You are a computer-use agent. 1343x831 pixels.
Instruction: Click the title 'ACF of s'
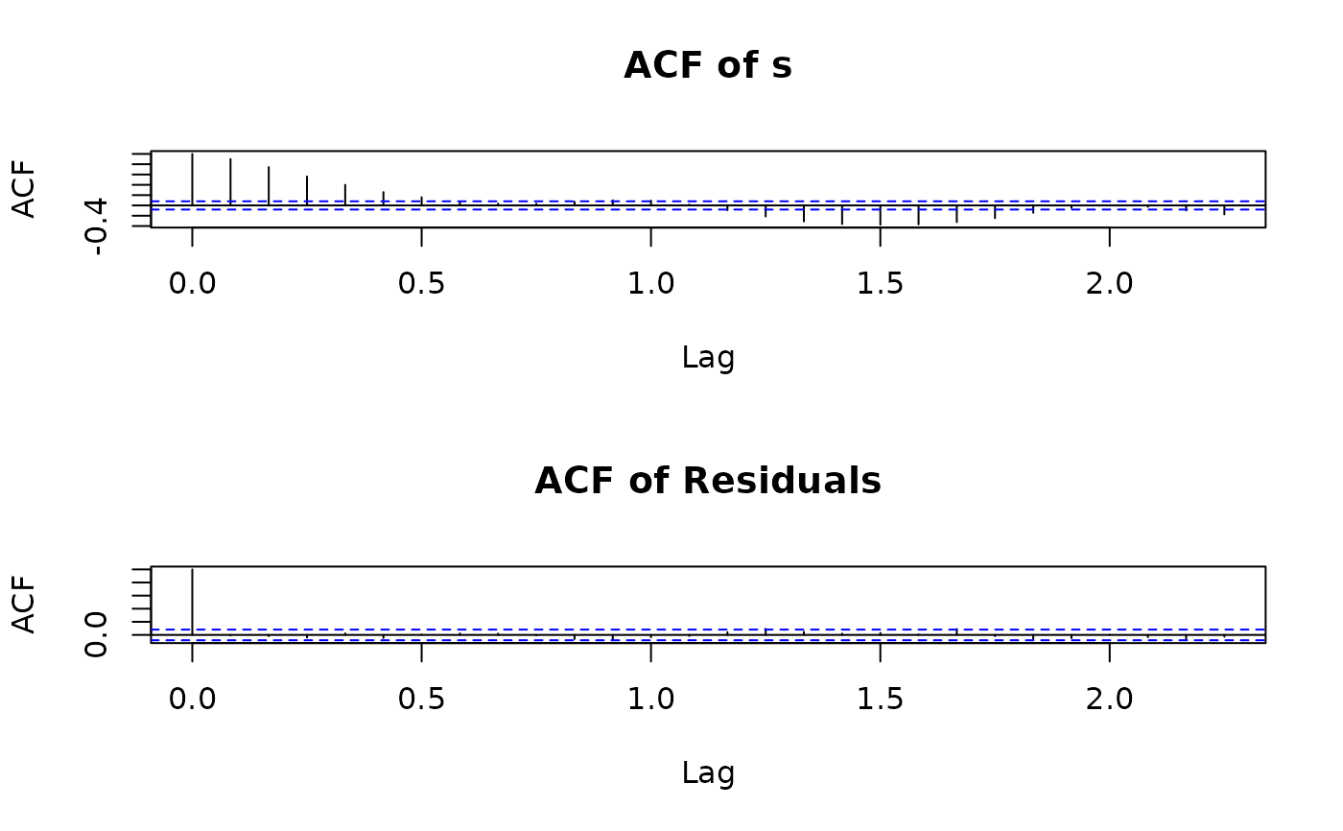708,66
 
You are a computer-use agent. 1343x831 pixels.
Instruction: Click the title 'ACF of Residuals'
708,481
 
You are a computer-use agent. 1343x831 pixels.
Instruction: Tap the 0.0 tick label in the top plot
192,285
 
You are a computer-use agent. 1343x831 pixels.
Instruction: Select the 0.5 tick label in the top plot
421,285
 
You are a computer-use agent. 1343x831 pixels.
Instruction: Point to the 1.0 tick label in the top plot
650,285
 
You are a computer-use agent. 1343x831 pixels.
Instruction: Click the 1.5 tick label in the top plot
880,285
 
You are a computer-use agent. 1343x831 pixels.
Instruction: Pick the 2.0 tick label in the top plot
1109,285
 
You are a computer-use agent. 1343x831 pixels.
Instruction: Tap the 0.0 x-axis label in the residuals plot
192,700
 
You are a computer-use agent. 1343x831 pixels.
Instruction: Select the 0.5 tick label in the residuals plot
421,700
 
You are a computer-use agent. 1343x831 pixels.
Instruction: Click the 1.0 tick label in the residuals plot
650,700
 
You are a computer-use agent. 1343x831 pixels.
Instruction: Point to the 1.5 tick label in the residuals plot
880,700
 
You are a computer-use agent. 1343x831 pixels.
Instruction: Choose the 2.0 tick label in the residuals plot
1109,700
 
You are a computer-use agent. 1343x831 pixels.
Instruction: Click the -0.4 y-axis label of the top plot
96,226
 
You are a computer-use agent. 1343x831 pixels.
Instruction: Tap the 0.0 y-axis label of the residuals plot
96,636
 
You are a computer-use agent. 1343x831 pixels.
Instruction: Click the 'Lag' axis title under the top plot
708,358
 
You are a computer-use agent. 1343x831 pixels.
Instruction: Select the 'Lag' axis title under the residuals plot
708,772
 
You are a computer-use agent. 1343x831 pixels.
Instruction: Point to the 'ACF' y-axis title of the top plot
25,189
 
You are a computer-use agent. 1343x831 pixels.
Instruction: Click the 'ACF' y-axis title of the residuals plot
25,605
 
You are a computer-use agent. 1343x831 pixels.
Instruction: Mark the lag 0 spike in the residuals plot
192,601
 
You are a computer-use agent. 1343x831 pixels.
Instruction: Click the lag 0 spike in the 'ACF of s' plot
192,178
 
